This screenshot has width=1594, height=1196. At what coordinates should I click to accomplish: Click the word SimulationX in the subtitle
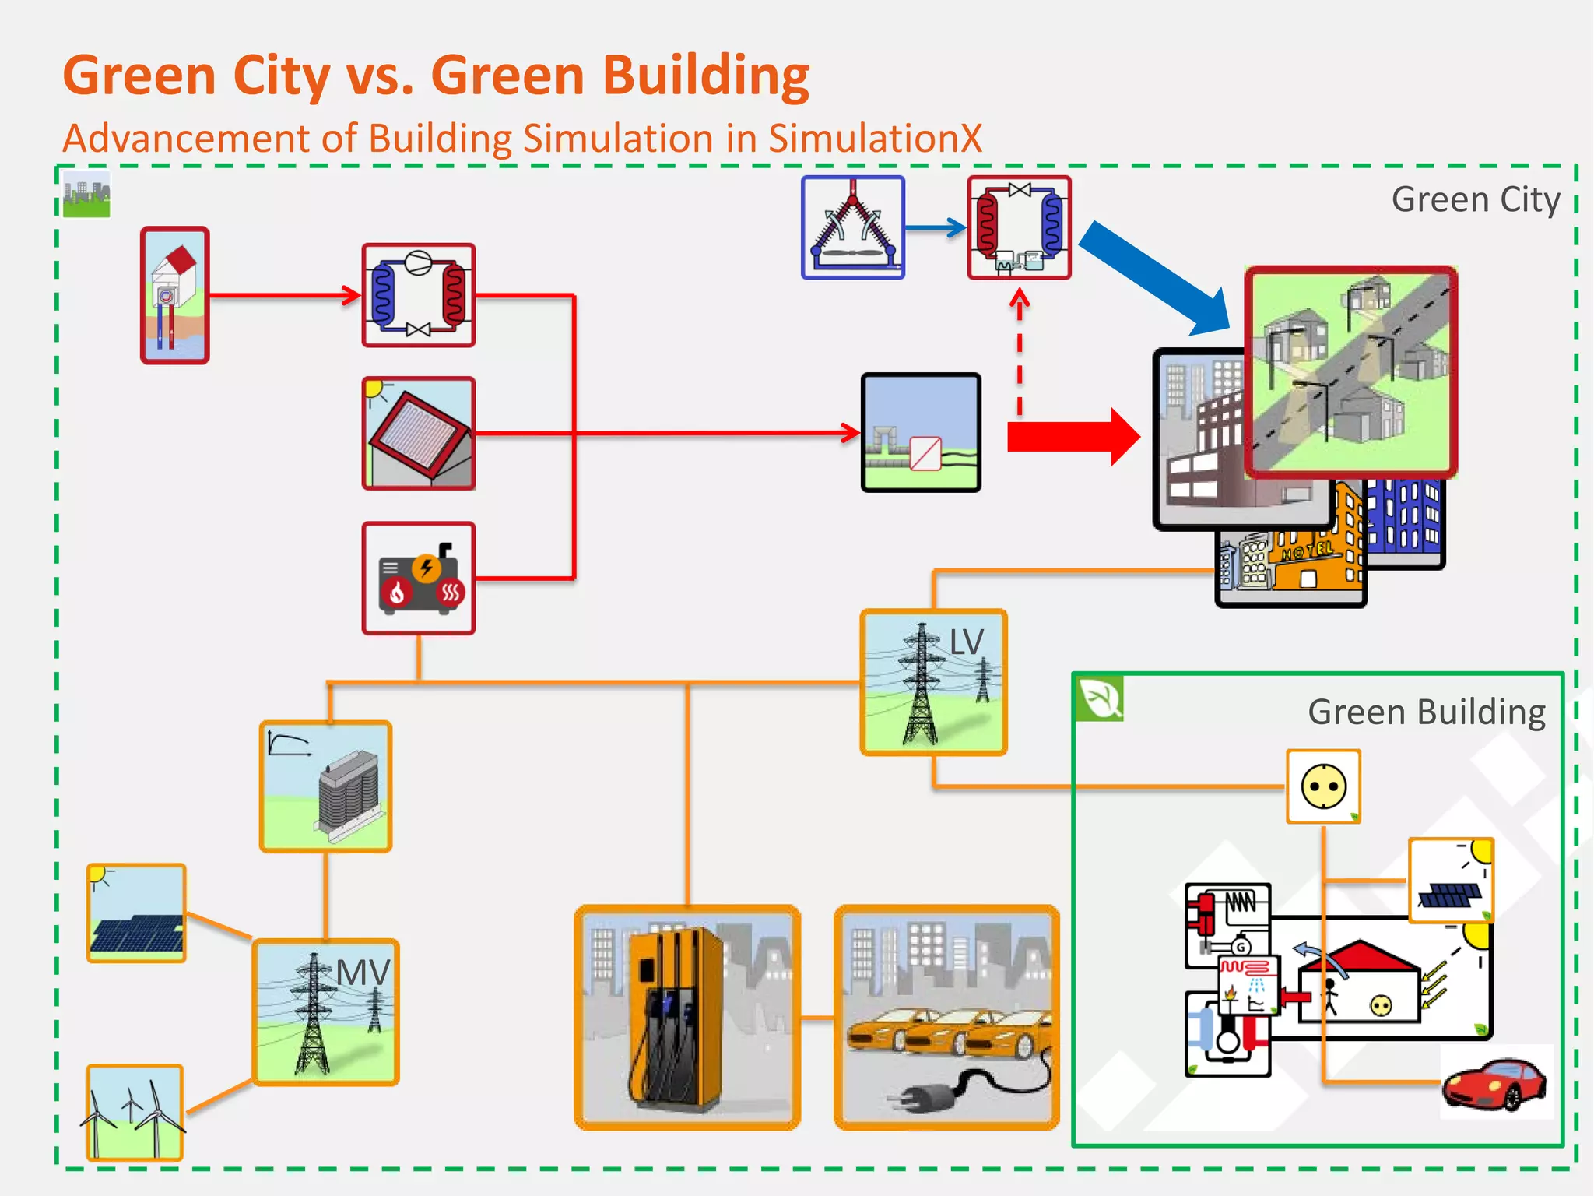click(x=875, y=139)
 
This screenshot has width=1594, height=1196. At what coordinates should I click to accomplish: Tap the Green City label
click(x=1475, y=199)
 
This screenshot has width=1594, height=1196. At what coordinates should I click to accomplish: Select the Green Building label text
click(x=1426, y=712)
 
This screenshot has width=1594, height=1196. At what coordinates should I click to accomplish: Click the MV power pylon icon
click(x=325, y=1012)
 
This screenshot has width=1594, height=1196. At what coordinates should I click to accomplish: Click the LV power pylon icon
click(x=933, y=683)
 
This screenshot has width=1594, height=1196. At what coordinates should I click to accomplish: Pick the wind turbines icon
click(x=135, y=1112)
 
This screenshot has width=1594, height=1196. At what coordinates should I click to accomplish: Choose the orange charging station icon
click(x=686, y=1016)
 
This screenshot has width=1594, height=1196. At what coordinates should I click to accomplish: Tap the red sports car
click(x=1494, y=1082)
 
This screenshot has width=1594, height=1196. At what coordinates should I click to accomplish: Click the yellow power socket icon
click(x=1323, y=786)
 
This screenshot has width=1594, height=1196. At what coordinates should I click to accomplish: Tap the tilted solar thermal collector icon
click(x=419, y=433)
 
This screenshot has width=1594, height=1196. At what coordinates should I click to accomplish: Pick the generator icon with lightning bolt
click(x=419, y=579)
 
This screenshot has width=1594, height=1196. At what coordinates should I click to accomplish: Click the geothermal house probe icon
click(x=174, y=295)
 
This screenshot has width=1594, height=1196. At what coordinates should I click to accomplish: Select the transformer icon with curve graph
click(x=325, y=786)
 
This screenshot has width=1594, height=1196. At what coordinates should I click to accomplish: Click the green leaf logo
click(x=1099, y=698)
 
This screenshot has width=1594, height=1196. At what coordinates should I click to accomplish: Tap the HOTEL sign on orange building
click(x=1308, y=551)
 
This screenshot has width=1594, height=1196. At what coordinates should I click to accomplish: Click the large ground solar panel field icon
click(x=136, y=913)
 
